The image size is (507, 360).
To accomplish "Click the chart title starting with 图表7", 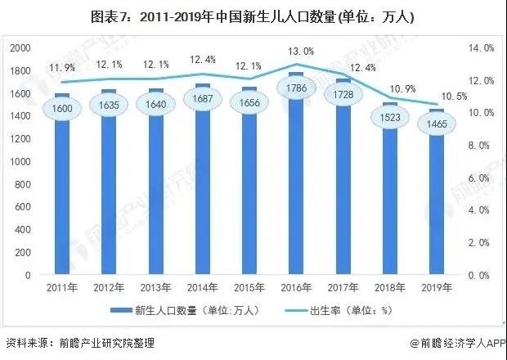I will (253, 16).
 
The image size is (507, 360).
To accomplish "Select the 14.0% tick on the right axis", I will (480, 49).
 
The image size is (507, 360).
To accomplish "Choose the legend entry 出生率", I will (327, 311).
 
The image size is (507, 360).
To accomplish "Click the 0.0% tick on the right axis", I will (482, 276).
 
